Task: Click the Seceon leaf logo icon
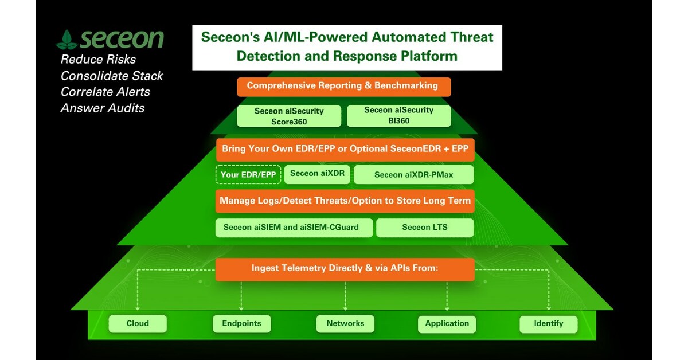point(67,40)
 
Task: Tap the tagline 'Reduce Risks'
point(98,60)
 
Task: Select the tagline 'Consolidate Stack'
point(112,76)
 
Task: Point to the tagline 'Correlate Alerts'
point(105,92)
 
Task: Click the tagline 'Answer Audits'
point(102,108)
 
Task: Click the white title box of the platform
point(347,47)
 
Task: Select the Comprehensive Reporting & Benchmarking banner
point(343,86)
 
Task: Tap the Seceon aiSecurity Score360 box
point(289,116)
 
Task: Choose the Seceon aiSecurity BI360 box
point(398,115)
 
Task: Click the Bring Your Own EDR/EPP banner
point(345,149)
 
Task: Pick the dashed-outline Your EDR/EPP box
point(248,175)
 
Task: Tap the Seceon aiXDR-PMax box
point(413,175)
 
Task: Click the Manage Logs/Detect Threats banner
point(345,201)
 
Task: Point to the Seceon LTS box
point(424,228)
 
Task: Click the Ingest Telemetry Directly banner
point(345,268)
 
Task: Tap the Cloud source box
point(138,324)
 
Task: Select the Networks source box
point(345,324)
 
